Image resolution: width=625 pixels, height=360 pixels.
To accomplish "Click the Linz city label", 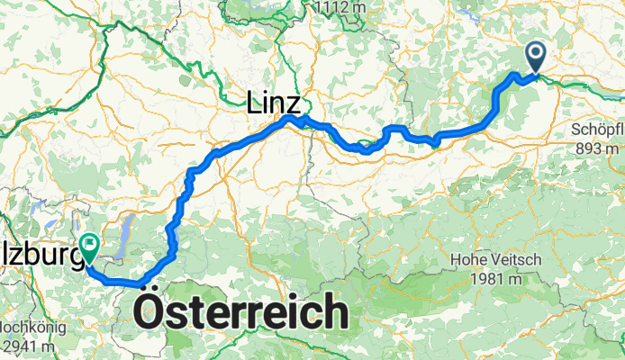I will point(274,104).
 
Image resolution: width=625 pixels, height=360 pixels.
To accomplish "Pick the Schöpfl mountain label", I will point(597,129).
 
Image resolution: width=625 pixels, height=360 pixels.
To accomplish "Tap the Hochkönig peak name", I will point(27,328).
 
